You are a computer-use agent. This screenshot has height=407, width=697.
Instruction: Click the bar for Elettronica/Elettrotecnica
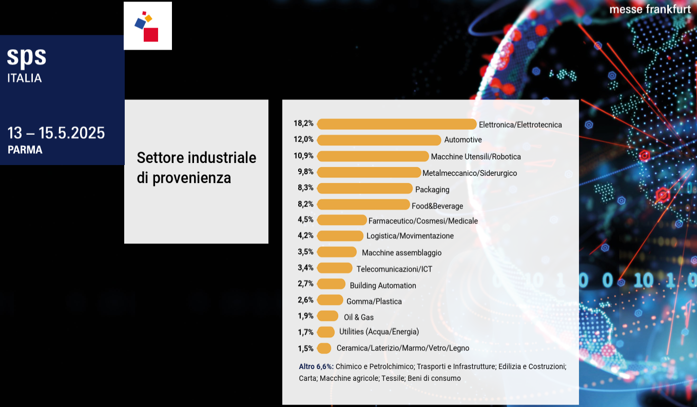[397, 124]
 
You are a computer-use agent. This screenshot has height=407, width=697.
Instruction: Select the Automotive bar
[379, 140]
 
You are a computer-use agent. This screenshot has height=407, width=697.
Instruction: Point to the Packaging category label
[432, 190]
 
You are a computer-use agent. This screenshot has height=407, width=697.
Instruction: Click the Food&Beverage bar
[363, 205]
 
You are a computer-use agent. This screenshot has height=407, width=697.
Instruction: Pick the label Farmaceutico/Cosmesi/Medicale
[423, 221]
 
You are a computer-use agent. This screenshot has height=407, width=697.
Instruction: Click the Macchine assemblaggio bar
[337, 252]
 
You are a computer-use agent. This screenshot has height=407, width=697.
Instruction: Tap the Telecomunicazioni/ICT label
[394, 269]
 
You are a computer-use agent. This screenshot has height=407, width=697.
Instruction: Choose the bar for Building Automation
[331, 284]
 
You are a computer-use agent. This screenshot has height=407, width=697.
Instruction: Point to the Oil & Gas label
[359, 317]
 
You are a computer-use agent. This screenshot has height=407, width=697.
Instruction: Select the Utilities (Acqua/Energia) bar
[326, 332]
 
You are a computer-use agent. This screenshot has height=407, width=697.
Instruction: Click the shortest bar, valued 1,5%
[324, 349]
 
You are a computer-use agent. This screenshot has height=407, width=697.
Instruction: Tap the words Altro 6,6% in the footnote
[316, 367]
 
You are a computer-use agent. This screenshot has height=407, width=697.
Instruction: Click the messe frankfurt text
[650, 10]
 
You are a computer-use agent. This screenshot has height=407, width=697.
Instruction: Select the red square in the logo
[151, 34]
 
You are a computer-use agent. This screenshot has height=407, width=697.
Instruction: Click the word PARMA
[25, 150]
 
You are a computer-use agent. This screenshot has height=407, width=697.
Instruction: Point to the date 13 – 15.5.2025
[56, 133]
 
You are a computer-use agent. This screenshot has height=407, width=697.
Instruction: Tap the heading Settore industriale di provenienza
[196, 168]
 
